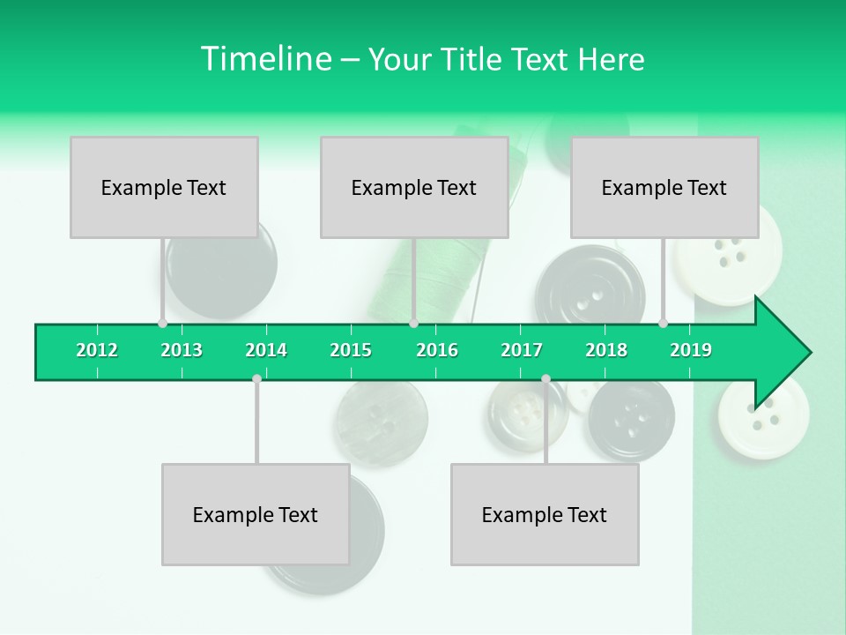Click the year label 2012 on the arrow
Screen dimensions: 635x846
tap(97, 350)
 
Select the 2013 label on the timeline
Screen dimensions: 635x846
tap(182, 350)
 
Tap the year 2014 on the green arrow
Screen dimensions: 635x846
tap(266, 350)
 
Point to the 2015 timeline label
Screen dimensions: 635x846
tap(351, 350)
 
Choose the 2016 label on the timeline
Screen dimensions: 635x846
tap(437, 350)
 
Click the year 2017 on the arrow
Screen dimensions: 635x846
tap(522, 350)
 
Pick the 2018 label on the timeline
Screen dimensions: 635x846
tap(606, 350)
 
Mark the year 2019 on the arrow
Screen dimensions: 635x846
tap(691, 350)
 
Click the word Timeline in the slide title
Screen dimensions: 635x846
tap(264, 59)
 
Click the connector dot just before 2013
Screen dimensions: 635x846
tap(162, 324)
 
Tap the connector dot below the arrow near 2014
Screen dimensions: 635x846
tap(256, 379)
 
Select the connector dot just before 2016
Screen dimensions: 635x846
tap(413, 324)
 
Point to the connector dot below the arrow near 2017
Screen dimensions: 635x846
tap(545, 379)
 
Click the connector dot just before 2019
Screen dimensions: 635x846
tap(664, 324)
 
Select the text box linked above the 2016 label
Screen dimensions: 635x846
tap(414, 187)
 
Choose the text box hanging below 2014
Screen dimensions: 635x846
tap(256, 514)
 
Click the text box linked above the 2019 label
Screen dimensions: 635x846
tap(664, 187)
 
